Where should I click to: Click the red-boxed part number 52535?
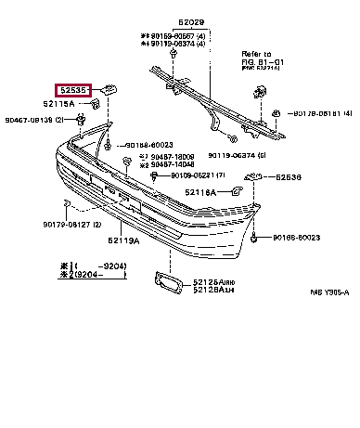coord(74,90)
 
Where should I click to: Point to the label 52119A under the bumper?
coord(122,240)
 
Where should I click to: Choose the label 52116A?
coord(200,192)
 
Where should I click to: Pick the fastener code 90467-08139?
coord(32,121)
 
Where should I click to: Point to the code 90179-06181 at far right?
coord(320,113)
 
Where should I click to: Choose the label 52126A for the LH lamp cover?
coord(212,290)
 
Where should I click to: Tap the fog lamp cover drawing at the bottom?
coord(166,282)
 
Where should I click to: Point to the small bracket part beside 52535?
coord(108,89)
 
